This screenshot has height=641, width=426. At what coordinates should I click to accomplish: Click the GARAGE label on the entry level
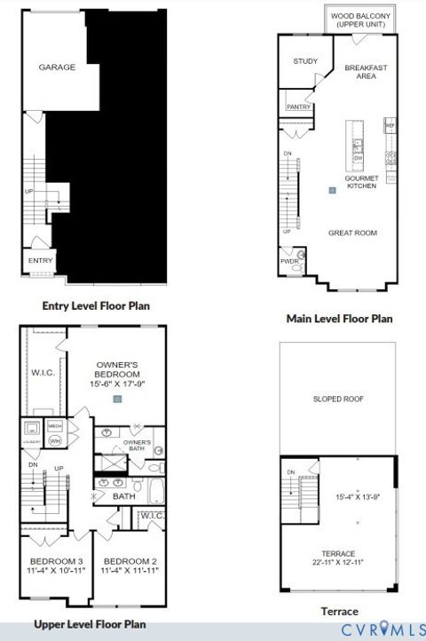coord(57,67)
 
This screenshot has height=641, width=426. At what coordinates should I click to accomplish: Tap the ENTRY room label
coord(40,260)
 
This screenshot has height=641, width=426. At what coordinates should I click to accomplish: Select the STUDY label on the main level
coord(304,60)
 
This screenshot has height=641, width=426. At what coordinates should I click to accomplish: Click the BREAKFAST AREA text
coord(366,71)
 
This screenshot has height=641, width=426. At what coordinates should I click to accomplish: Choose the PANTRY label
coord(297,107)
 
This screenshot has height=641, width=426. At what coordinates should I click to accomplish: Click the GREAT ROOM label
coord(352,233)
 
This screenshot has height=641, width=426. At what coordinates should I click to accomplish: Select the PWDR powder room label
coord(289,262)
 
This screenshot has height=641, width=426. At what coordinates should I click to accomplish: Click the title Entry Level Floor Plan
coord(96,305)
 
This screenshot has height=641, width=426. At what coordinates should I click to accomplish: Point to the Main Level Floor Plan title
coord(339,318)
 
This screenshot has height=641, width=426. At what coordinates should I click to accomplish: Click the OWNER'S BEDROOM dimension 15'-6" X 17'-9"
coord(117,384)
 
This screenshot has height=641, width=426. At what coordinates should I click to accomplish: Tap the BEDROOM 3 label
coord(56,561)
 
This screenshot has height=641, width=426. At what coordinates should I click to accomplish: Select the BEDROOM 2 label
coord(130,561)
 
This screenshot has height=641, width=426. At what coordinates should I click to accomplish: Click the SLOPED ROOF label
coord(338,399)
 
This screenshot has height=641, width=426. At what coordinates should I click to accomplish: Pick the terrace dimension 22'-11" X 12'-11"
coord(338,562)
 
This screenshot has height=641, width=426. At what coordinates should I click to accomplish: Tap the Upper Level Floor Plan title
coord(89,624)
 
